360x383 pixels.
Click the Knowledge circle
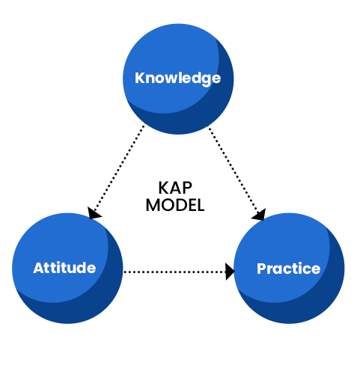click(178, 79)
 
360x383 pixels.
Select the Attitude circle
click(67, 269)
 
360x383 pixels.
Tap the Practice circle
click(289, 269)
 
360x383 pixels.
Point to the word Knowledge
click(177, 79)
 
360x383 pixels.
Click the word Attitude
click(64, 268)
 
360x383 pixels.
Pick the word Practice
click(288, 269)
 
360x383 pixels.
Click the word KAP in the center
click(175, 188)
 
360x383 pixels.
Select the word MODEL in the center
click(175, 205)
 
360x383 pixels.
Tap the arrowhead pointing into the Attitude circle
click(94, 213)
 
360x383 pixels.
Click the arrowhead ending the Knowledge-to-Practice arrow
click(260, 215)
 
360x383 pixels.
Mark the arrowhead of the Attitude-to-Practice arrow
click(230, 272)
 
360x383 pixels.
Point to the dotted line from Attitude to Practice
click(174, 272)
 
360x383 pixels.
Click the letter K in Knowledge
click(140, 78)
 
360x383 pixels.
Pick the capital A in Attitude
click(39, 268)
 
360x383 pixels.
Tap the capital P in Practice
click(262, 269)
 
